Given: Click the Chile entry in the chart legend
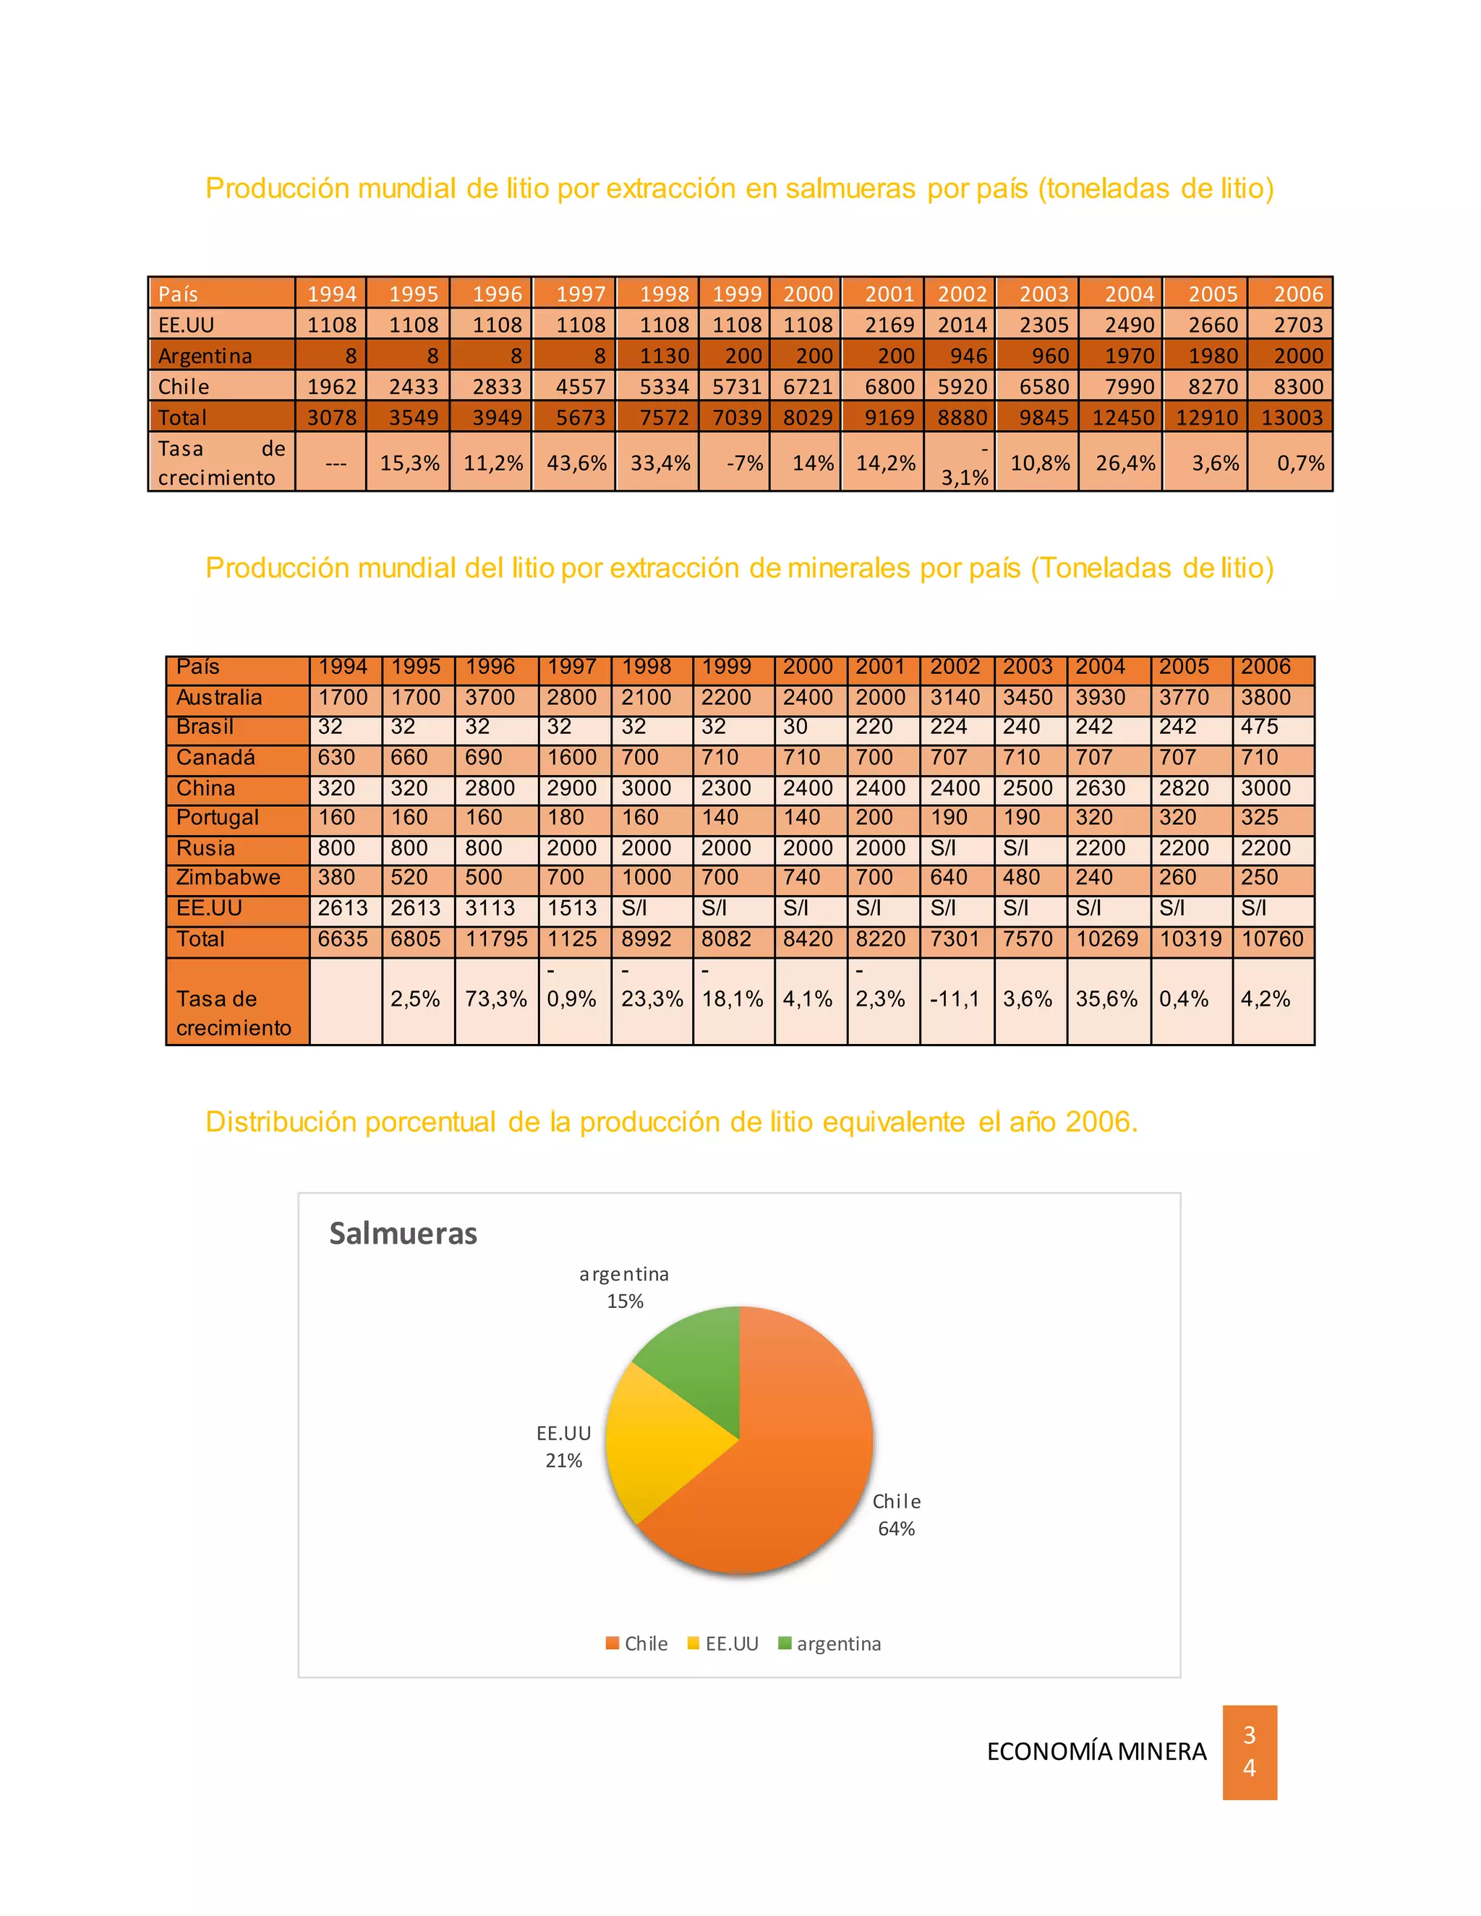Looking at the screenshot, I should click(637, 1643).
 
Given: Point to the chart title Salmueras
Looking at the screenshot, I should click(403, 1233).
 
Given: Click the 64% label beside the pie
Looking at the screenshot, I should click(896, 1528).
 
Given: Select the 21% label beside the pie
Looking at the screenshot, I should click(563, 1460).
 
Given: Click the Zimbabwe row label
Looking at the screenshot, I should click(228, 877).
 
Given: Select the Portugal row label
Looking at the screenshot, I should click(218, 818).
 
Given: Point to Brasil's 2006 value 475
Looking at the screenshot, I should click(1259, 727).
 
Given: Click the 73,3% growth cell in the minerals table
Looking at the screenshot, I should click(495, 998).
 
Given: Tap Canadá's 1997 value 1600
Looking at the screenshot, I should click(571, 757).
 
